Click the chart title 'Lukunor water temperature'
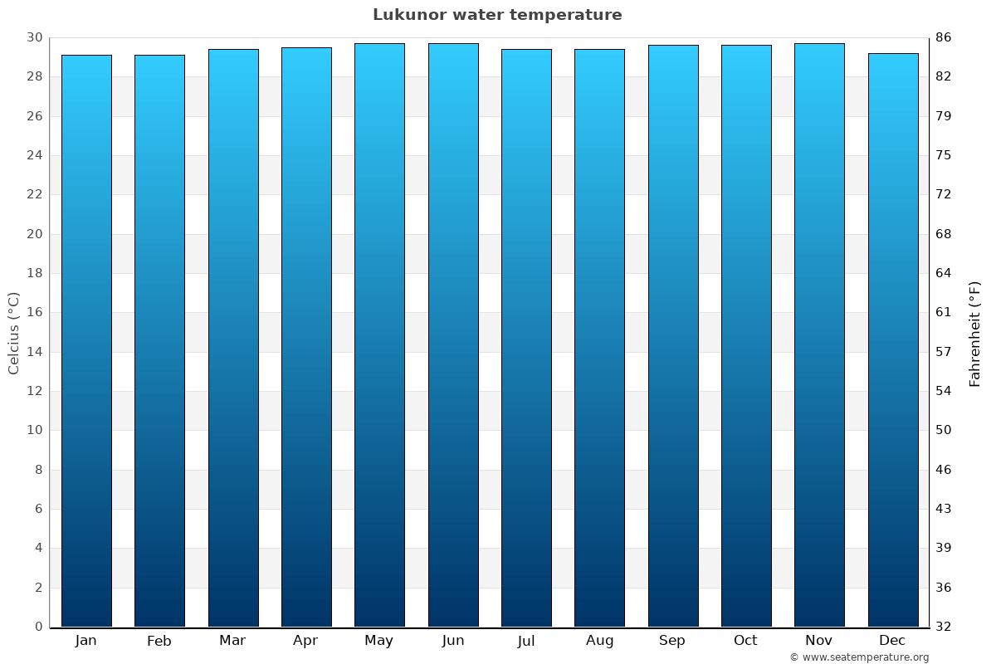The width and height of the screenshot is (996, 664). pyautogui.click(x=497, y=15)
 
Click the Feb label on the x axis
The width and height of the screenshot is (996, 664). pyautogui.click(x=159, y=641)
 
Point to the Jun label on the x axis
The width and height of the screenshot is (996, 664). pyautogui.click(x=453, y=641)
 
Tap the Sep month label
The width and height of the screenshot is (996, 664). pyautogui.click(x=672, y=641)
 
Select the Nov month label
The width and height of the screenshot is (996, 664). pyautogui.click(x=819, y=641)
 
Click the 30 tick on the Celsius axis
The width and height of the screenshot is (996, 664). pyautogui.click(x=34, y=37)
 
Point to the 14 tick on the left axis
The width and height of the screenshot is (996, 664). pyautogui.click(x=34, y=352)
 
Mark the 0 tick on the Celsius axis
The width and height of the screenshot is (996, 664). pyautogui.click(x=38, y=627)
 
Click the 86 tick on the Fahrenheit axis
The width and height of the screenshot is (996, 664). pyautogui.click(x=943, y=37)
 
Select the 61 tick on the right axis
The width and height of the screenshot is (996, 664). pyautogui.click(x=943, y=312)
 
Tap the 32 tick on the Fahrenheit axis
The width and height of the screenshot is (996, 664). pyautogui.click(x=943, y=627)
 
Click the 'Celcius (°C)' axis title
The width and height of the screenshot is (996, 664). pyautogui.click(x=13, y=333)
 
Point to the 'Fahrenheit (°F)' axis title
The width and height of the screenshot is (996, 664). pyautogui.click(x=974, y=334)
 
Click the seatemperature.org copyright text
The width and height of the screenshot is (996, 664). pyautogui.click(x=859, y=657)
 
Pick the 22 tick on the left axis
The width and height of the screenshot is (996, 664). pyautogui.click(x=34, y=194)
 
